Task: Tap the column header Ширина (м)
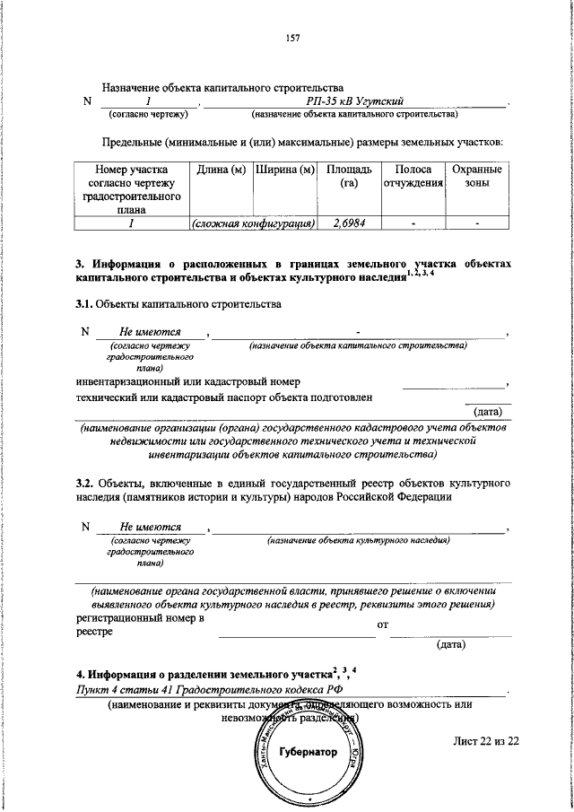[x=283, y=170]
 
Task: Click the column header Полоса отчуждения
[x=413, y=177]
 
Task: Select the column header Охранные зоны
[x=477, y=177]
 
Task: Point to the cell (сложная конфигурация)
[x=252, y=223]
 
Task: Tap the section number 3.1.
[x=84, y=304]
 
